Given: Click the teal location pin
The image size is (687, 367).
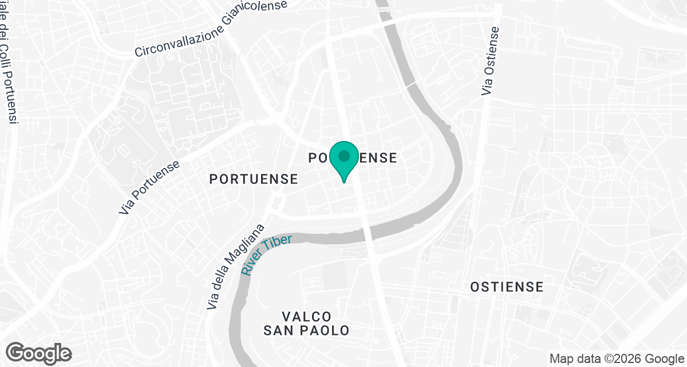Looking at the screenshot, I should pos(343,161).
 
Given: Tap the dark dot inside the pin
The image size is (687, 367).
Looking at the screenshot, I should pos(343,155).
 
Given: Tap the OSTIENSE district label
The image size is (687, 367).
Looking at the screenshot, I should pos(507,287).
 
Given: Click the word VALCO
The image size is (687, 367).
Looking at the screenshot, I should pos(307,317).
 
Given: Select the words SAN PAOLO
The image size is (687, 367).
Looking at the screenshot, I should pos(307,331).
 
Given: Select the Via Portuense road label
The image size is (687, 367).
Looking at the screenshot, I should pos(149,188).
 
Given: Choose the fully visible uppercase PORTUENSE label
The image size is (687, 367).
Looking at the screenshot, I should pos(254,179).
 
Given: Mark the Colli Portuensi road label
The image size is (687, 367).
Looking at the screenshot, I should pos(8,69).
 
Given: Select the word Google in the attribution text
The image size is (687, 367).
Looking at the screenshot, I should pos(661,358).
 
